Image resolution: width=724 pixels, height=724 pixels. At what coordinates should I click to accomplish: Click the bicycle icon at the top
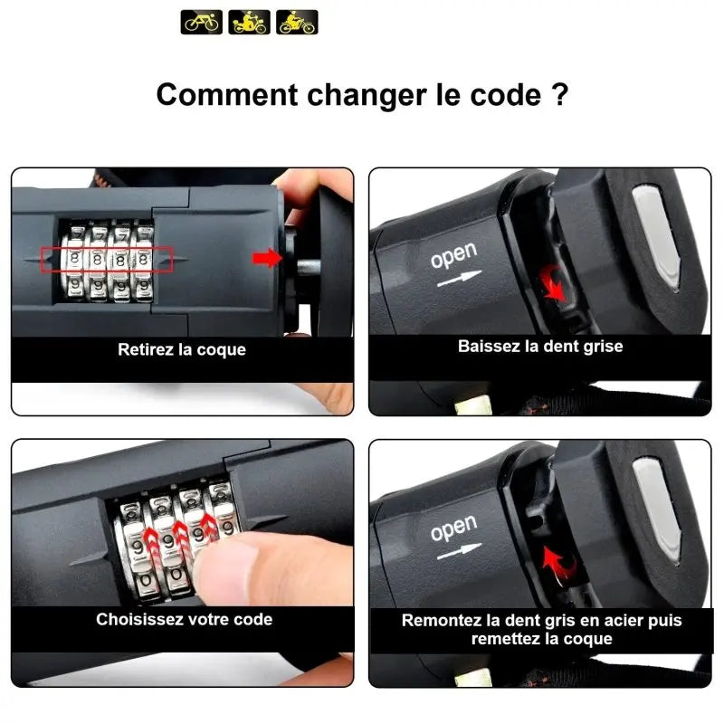[201, 22]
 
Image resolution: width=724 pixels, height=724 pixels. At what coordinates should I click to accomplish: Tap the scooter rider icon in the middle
[250, 22]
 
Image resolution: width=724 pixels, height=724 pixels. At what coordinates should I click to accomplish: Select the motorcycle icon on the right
[298, 22]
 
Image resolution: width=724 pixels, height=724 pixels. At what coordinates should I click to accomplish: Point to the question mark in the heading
[559, 94]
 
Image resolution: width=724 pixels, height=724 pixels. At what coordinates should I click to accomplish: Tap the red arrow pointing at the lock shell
[267, 258]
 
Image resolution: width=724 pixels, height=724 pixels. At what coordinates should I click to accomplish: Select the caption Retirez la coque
[182, 349]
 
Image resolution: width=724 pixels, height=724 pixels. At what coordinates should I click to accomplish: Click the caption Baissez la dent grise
[540, 347]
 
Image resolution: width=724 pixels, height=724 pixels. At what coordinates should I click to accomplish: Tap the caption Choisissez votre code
[185, 619]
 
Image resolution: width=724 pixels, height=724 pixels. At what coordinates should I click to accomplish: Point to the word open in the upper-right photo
[454, 254]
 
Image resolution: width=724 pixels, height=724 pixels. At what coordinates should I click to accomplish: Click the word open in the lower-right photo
[454, 528]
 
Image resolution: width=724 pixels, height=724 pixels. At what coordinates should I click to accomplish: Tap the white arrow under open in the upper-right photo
[460, 278]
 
